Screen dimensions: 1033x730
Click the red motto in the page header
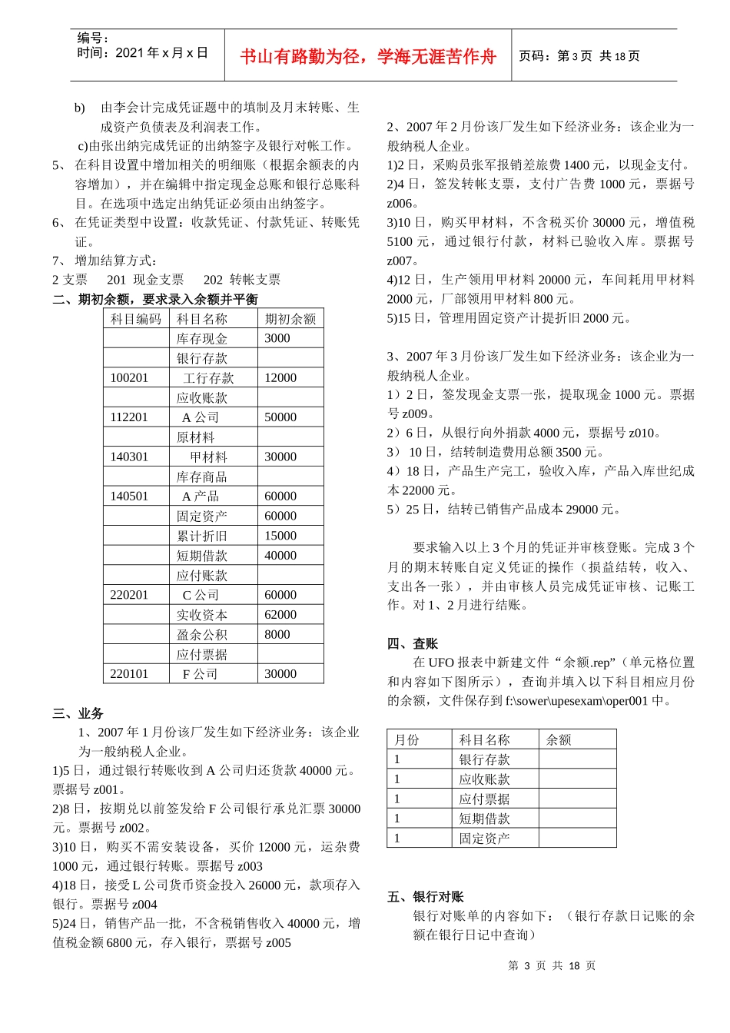[368, 57]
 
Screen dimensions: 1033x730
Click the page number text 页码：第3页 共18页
[579, 56]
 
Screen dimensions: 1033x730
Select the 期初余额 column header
[290, 319]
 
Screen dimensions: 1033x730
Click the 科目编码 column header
[136, 319]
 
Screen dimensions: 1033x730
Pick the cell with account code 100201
[129, 378]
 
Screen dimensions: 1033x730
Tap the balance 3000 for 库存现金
[277, 338]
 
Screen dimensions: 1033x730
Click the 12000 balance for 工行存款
[280, 378]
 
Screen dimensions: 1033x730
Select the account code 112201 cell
[129, 417]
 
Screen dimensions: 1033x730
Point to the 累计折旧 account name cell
[201, 536]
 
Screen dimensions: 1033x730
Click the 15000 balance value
[280, 536]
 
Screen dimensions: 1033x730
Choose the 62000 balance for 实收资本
[280, 615]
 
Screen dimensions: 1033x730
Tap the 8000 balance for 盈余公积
[277, 635]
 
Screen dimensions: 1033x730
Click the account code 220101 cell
[129, 674]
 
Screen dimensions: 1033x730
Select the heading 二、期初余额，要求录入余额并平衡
[155, 299]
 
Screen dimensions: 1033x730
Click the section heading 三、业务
[78, 713]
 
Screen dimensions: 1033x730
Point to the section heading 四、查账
[413, 643]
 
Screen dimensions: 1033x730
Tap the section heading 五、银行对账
[426, 897]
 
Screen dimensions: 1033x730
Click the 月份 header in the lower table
[406, 740]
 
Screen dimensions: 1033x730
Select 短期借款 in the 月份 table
[484, 819]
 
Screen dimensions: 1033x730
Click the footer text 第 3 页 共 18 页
[552, 966]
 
